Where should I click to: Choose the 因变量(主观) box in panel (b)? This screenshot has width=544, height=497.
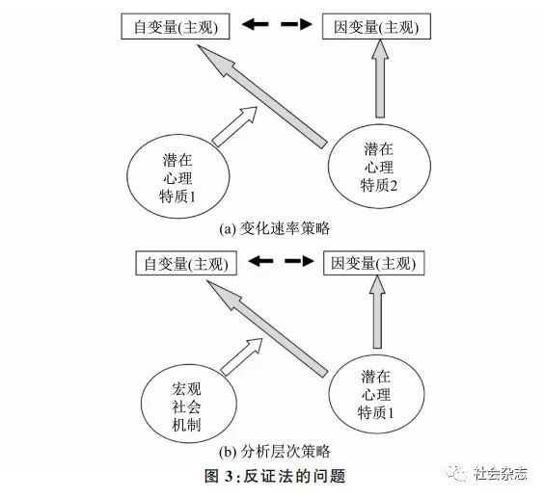coord(372,262)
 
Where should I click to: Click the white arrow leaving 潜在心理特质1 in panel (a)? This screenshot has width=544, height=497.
coord(233,126)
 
